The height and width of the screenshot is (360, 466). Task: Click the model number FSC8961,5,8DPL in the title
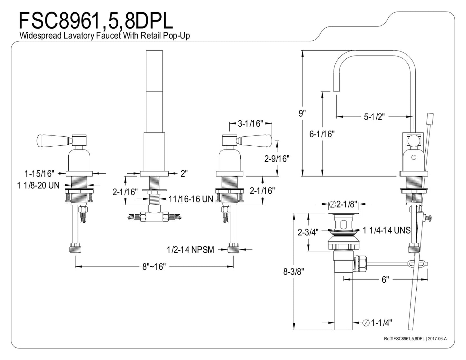tap(96, 21)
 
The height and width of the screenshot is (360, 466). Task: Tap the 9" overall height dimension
tap(302, 113)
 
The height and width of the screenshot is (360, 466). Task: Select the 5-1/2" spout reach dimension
tap(374, 117)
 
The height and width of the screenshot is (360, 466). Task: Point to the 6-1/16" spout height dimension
tap(322, 134)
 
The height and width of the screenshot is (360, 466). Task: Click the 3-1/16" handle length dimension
tap(250, 123)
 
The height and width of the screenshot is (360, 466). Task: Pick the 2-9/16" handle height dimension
tap(277, 159)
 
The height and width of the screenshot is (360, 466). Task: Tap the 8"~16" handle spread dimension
tap(154, 267)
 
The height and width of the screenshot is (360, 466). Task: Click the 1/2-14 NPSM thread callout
tap(191, 250)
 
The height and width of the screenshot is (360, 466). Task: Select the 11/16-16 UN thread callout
tap(191, 199)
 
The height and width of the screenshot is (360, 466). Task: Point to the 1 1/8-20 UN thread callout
tap(38, 185)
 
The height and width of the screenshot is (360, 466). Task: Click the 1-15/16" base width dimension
tap(39, 174)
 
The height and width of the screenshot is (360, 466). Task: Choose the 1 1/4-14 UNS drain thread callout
tap(386, 230)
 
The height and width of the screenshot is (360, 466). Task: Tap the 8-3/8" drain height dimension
tap(293, 272)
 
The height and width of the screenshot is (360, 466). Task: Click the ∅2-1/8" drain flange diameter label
tap(343, 204)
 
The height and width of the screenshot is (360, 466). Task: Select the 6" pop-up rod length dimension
tap(385, 280)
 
